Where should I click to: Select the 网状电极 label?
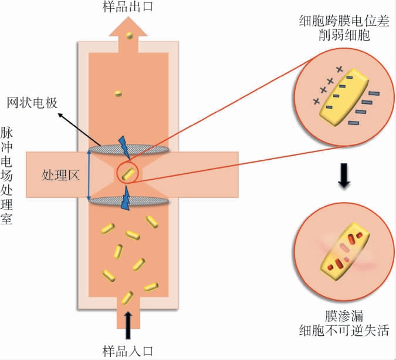point(32,103)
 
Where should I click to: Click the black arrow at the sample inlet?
point(128,322)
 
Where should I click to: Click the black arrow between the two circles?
point(345,179)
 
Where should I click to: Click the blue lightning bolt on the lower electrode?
point(126,198)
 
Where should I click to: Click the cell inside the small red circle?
point(129,174)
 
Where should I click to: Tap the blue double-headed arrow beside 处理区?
point(88,175)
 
